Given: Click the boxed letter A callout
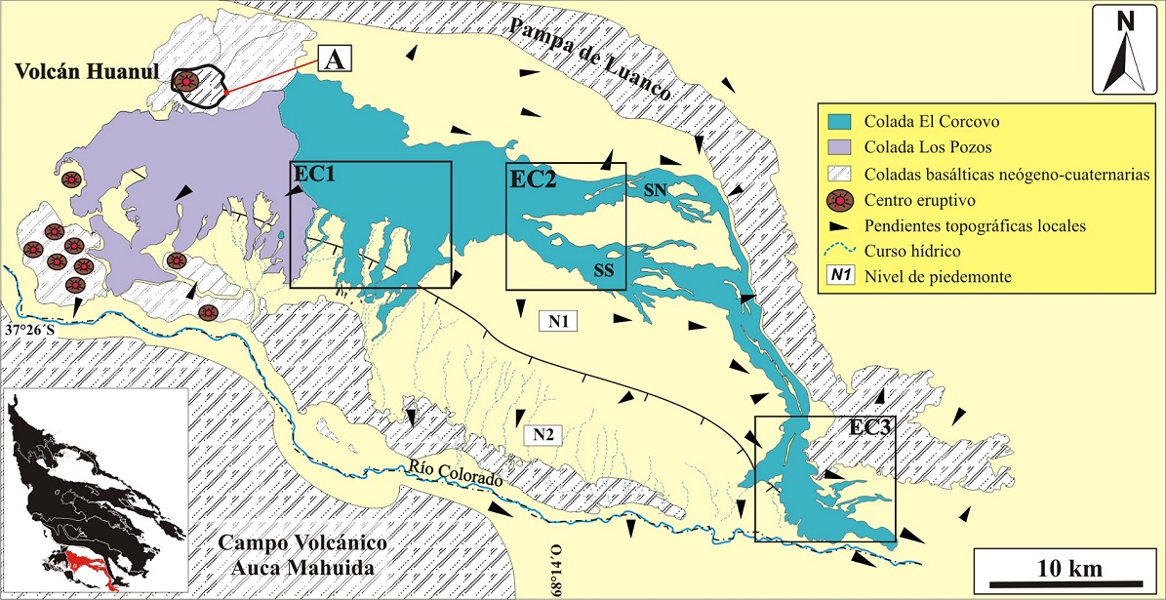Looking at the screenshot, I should pyautogui.click(x=335, y=60).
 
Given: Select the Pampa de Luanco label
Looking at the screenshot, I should pyautogui.click(x=588, y=58).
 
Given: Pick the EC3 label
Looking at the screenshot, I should pyautogui.click(x=872, y=427).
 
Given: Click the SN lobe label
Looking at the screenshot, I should pyautogui.click(x=654, y=191).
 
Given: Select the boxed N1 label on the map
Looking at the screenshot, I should pyautogui.click(x=557, y=321).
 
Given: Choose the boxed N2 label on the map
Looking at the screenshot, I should pyautogui.click(x=543, y=434).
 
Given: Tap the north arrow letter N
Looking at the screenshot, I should pyautogui.click(x=1125, y=21).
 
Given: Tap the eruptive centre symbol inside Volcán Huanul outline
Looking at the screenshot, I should pyautogui.click(x=186, y=81).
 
